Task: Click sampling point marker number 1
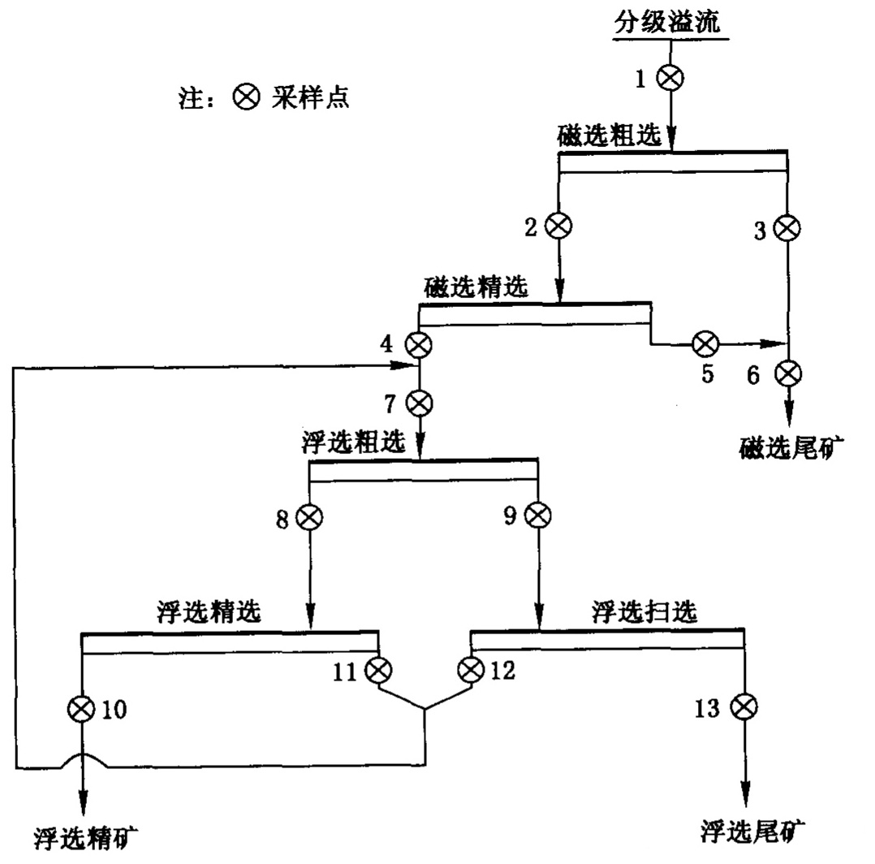(671, 79)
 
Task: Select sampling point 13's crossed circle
(744, 708)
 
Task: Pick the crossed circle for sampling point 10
(82, 709)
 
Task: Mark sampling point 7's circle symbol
(420, 401)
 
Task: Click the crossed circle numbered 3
(787, 228)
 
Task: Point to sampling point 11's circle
(378, 671)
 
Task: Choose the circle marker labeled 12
(471, 671)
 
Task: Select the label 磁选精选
(476, 287)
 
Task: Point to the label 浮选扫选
(644, 612)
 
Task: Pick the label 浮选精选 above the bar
(209, 612)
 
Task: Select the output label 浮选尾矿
(752, 830)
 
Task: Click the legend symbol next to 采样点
(245, 98)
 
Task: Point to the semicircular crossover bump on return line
(83, 758)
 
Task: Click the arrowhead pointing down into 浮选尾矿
(744, 792)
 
